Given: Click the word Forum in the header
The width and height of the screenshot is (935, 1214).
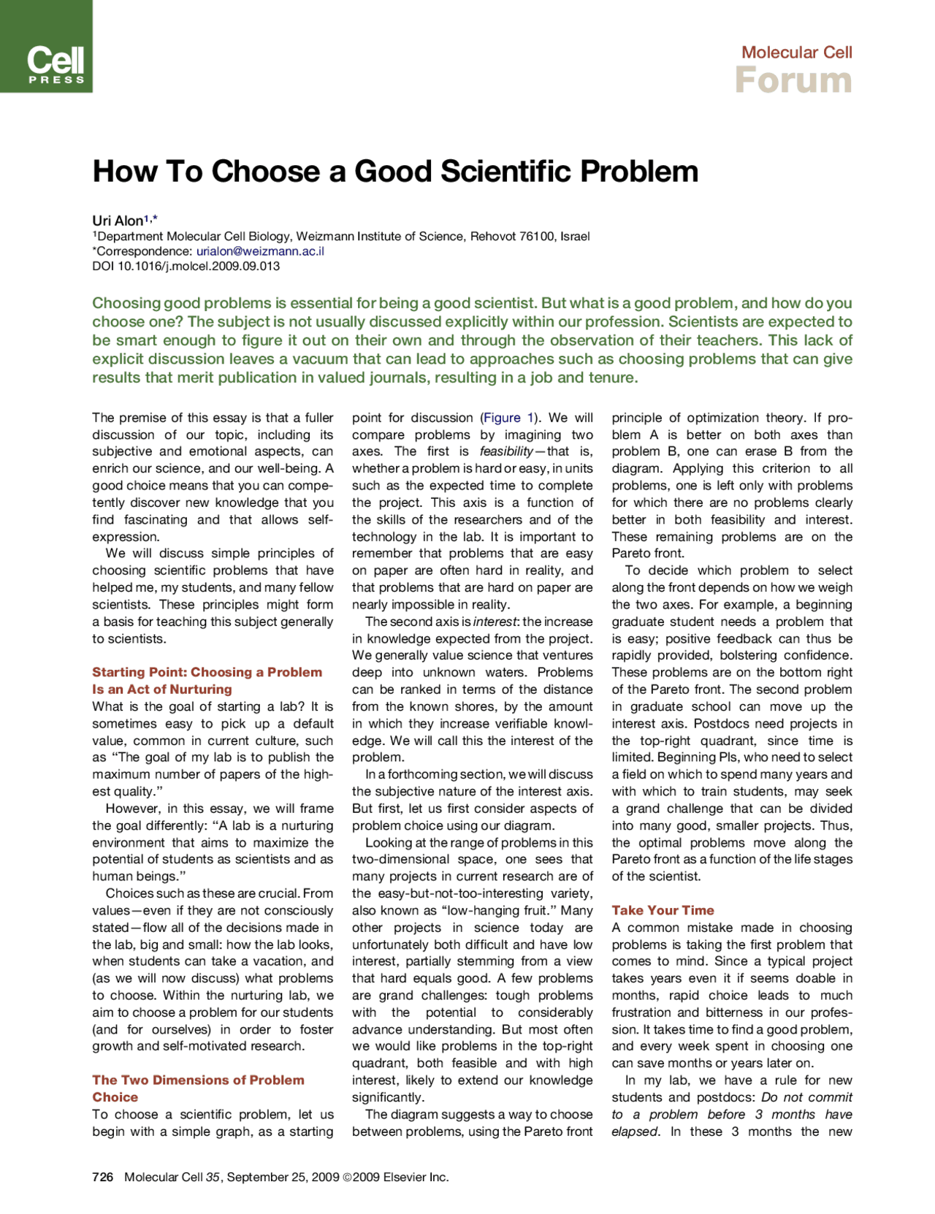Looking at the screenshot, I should tap(793, 80).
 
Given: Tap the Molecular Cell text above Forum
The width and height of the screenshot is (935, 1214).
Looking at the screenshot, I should tap(796, 52).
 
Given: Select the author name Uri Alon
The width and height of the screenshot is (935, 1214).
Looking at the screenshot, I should tap(118, 221).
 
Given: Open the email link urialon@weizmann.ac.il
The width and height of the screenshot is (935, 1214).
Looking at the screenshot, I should tap(260, 251).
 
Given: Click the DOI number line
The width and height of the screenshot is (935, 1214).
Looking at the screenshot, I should tap(186, 266).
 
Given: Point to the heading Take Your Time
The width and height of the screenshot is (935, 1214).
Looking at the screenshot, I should tap(663, 910).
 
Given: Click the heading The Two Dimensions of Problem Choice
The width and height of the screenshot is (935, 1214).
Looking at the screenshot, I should tap(198, 1080).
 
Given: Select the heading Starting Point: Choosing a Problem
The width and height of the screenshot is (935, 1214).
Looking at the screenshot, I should tap(207, 672).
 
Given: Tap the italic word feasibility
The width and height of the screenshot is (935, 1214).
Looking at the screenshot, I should tap(505, 451).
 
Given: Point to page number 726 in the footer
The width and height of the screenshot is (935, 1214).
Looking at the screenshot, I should tap(102, 1177).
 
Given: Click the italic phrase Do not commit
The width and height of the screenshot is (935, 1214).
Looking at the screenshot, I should tap(806, 1097).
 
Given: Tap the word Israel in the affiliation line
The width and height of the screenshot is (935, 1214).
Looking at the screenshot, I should tap(575, 237).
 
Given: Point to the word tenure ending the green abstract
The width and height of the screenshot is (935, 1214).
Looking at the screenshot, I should tap(615, 378).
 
